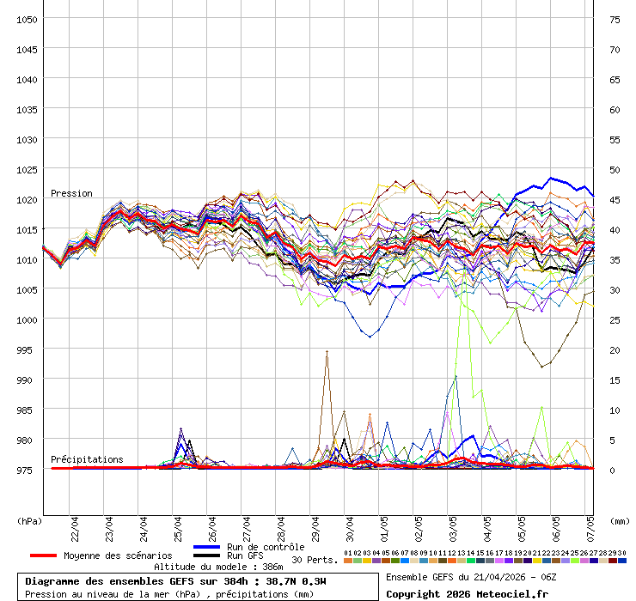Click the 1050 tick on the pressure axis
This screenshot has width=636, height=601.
pyautogui.click(x=27, y=19)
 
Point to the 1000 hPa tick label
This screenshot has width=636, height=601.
pyautogui.click(x=27, y=319)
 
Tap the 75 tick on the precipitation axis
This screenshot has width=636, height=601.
pyautogui.click(x=615, y=19)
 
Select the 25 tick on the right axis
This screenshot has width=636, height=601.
pyautogui.click(x=615, y=319)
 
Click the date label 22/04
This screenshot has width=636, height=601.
pyautogui.click(x=75, y=525)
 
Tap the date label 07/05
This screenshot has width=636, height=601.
pyautogui.click(x=590, y=525)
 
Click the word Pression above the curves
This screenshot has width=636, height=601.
pyautogui.click(x=71, y=193)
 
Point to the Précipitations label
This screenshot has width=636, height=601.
pyautogui.click(x=87, y=459)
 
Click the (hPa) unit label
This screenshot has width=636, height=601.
pyautogui.click(x=29, y=520)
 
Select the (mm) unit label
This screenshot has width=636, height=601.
pyautogui.click(x=619, y=520)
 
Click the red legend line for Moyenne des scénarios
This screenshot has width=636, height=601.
pyautogui.click(x=43, y=555)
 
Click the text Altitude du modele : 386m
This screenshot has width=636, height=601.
pyautogui.click(x=218, y=567)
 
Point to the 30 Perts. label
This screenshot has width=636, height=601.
pyautogui.click(x=315, y=560)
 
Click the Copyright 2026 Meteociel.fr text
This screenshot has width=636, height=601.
pyautogui.click(x=467, y=594)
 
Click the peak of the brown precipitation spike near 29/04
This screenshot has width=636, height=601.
pyautogui.click(x=327, y=351)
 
